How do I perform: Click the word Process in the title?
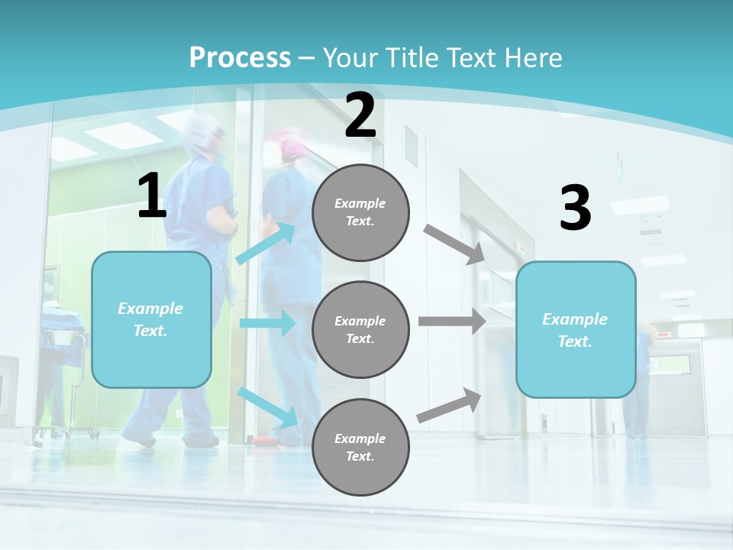240,58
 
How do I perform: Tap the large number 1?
151,196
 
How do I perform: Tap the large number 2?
360,116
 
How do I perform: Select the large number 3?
575,209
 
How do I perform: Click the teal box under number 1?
151,319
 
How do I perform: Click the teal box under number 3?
575,330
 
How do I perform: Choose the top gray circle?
360,212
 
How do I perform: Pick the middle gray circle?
360,329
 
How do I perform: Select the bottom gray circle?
360,447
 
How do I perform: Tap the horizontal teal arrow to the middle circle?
267,323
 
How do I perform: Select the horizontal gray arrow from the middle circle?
451,322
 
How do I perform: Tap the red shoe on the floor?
264,441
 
